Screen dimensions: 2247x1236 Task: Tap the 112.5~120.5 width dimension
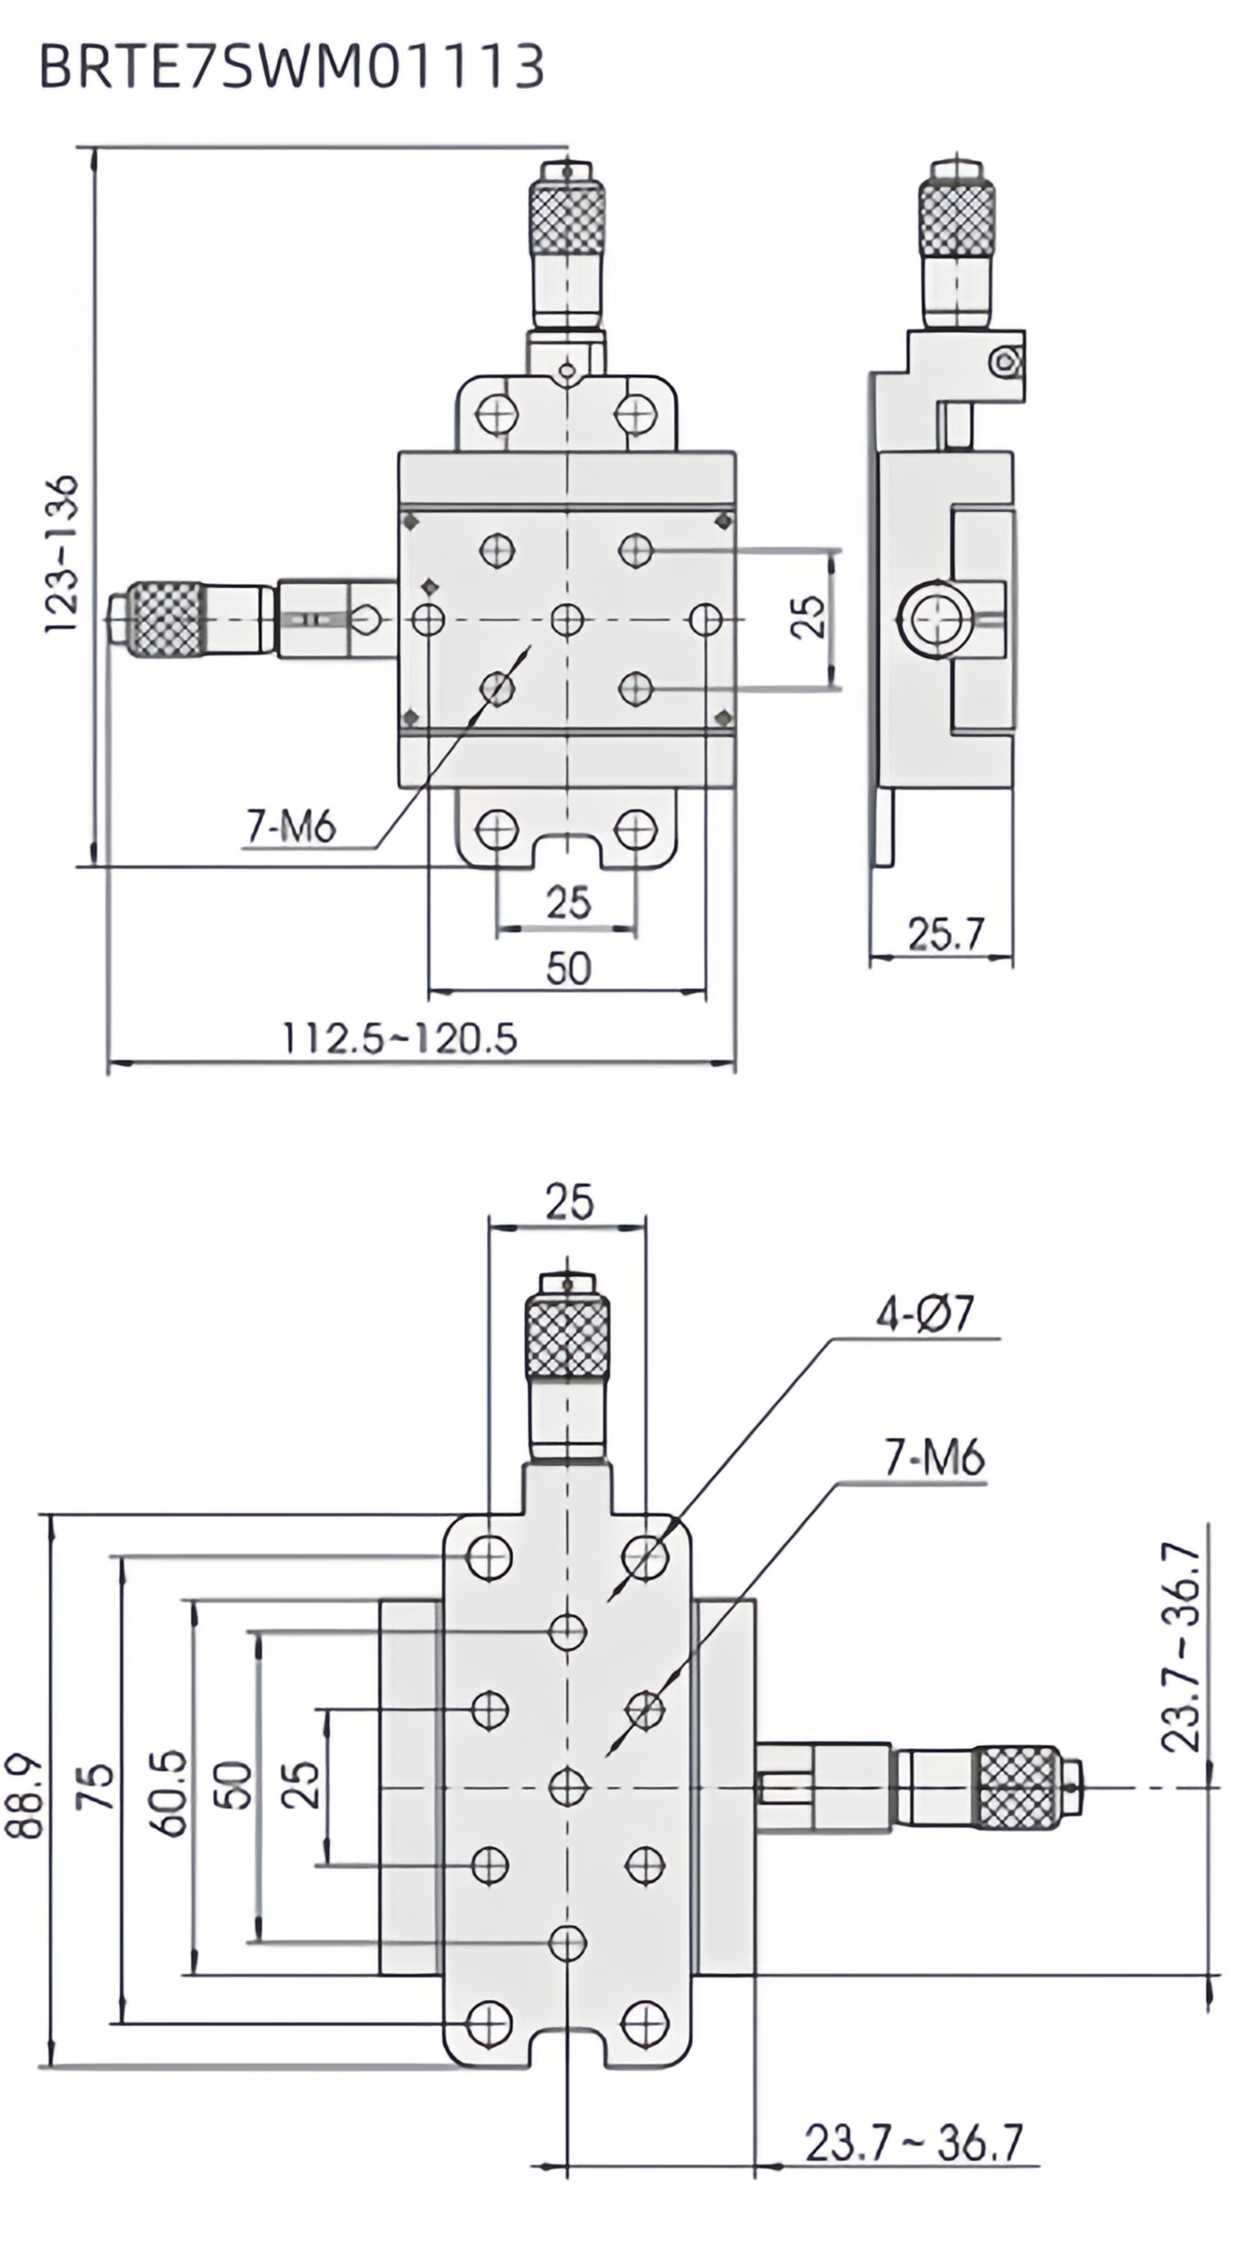pos(400,1038)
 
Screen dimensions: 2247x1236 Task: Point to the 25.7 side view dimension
pos(946,933)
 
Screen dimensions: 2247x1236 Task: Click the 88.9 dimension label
pos(26,1797)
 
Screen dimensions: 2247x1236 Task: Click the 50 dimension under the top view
pos(568,969)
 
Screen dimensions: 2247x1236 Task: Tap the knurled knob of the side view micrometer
pos(956,218)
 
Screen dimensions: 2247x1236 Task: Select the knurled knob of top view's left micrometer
pos(165,620)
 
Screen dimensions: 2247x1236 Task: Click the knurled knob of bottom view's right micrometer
pos(1018,1786)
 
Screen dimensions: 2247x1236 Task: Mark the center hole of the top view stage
pos(567,620)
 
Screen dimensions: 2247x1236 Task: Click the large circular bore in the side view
pos(936,619)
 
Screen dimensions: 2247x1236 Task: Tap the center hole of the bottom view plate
pos(567,1787)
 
